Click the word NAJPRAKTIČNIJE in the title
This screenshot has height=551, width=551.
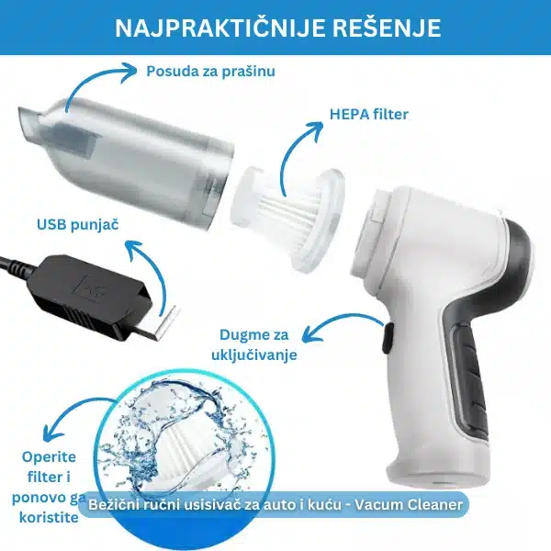point(219,28)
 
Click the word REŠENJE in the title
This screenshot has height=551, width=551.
point(387,28)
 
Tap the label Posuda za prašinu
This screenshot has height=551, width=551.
point(210,72)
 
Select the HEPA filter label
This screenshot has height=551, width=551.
point(368,115)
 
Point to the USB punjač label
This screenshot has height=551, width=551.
point(78,225)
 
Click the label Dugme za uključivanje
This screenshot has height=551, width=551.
point(254,344)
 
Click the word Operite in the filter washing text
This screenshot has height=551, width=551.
point(49,456)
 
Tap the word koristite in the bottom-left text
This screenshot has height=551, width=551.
point(49,517)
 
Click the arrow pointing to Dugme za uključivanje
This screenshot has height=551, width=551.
point(337,321)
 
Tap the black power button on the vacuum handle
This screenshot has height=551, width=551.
point(388,338)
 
